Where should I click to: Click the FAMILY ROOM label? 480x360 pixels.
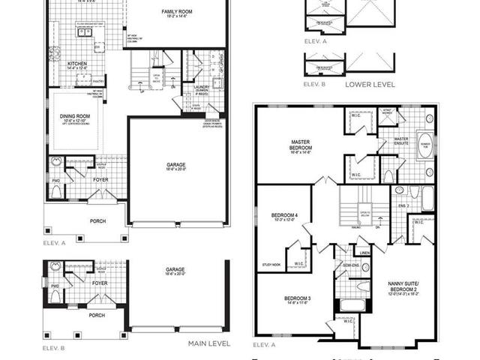pyautogui.click(x=178, y=12)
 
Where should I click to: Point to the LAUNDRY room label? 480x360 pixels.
pyautogui.click(x=201, y=88)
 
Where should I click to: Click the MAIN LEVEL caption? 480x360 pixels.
pyautogui.click(x=208, y=343)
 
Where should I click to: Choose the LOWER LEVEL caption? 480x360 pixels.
pyautogui.click(x=370, y=85)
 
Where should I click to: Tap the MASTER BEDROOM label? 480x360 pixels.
pyautogui.click(x=306, y=144)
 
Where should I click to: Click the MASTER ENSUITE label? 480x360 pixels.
pyautogui.click(x=401, y=141)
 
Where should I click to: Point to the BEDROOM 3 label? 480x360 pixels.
pyautogui.click(x=297, y=299)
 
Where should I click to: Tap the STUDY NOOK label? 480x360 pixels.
pyautogui.click(x=271, y=264)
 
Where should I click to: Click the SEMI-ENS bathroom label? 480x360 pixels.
pyautogui.click(x=350, y=265)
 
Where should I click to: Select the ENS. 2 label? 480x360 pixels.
pyautogui.click(x=403, y=204)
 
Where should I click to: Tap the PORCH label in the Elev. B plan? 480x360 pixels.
pyautogui.click(x=96, y=315)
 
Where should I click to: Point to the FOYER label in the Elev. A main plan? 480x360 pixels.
pyautogui.click(x=100, y=180)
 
